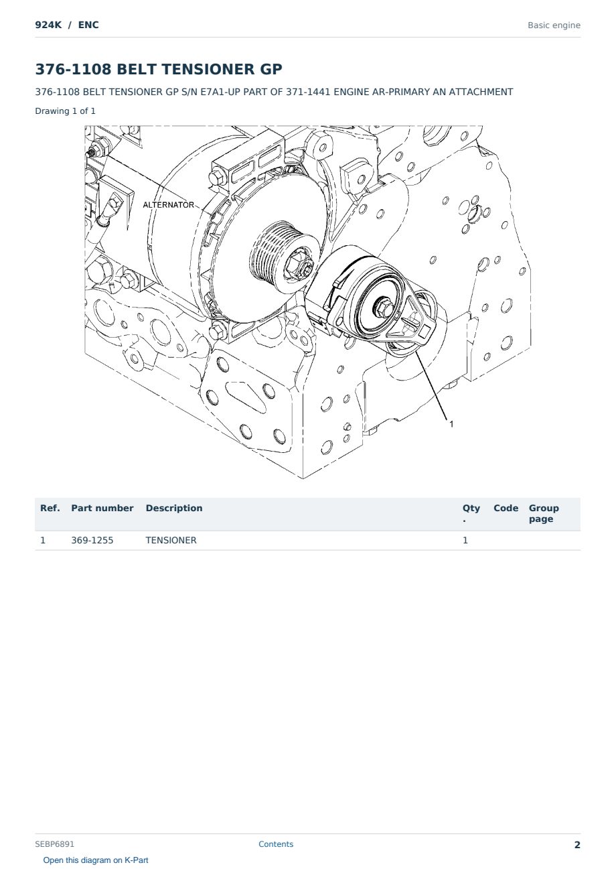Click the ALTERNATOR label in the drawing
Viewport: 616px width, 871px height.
168,205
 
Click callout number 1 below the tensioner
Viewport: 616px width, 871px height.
451,424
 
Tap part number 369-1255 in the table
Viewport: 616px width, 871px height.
92,540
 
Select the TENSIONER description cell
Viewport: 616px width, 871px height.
171,540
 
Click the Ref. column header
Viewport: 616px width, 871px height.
50,508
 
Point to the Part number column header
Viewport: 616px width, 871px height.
102,508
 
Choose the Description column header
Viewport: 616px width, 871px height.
174,508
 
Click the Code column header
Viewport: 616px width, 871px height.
506,508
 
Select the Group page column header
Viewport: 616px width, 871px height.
544,513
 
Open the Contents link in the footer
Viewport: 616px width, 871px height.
276,844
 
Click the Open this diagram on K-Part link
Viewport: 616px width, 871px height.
96,860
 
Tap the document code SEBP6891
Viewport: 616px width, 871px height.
54,844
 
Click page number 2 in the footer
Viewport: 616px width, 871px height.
577,844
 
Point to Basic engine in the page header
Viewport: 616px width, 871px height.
554,25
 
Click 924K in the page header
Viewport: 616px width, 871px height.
48,25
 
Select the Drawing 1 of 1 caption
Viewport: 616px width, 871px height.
66,111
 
